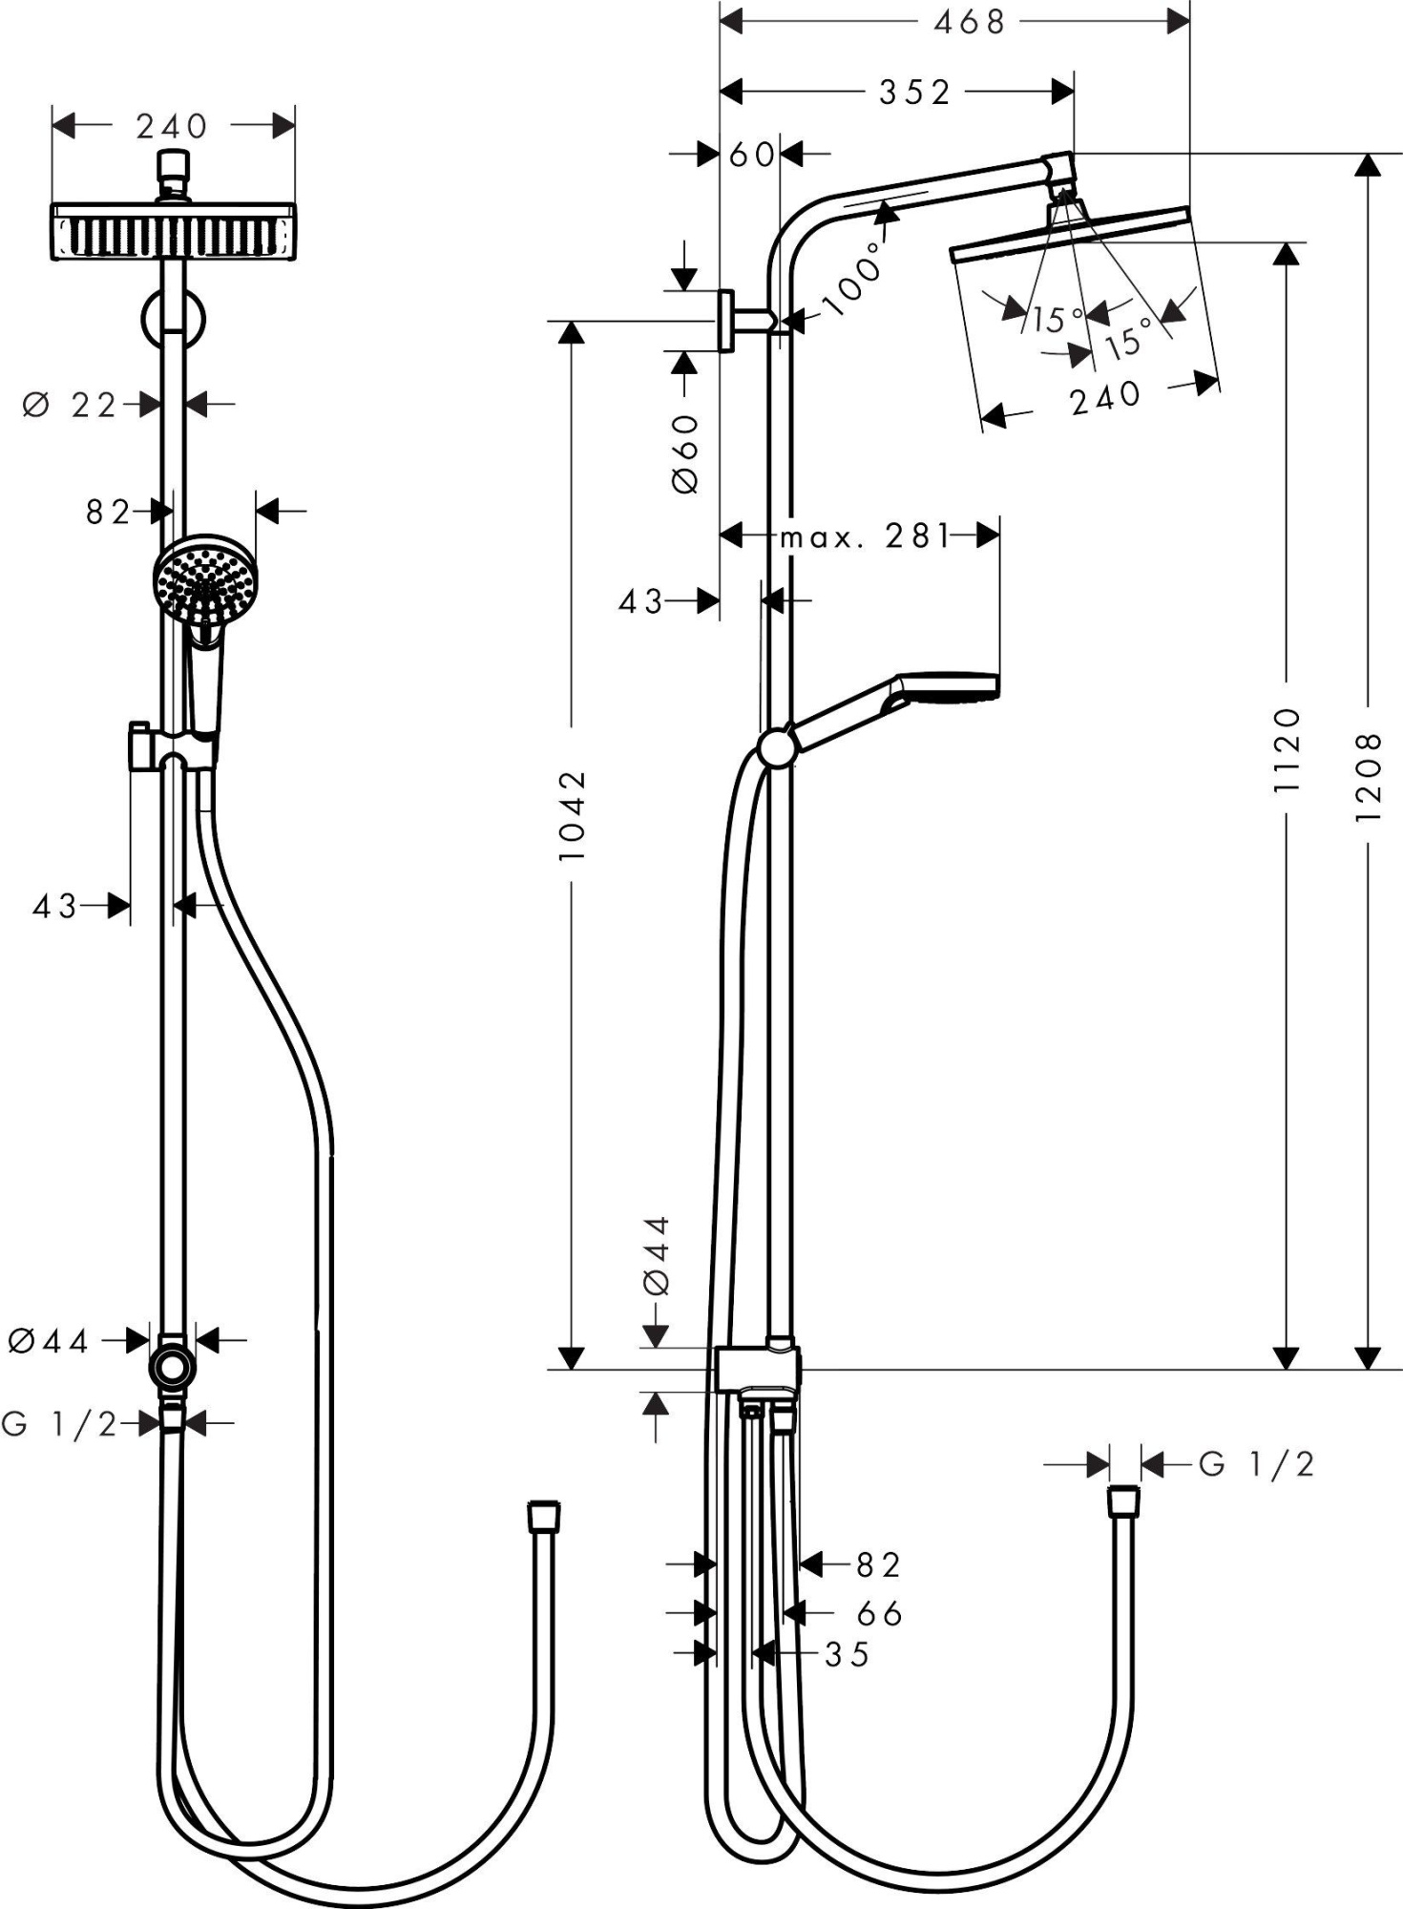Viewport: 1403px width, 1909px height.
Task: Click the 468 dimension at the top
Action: point(970,22)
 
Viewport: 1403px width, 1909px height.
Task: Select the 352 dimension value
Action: point(914,92)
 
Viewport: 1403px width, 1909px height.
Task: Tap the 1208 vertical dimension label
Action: point(1367,777)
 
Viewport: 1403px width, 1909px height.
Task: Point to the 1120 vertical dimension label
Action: point(1287,750)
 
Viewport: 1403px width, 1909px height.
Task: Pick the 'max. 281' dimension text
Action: point(865,536)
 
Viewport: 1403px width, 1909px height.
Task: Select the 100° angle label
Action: point(852,280)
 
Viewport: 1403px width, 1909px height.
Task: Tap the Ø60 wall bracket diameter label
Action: point(685,453)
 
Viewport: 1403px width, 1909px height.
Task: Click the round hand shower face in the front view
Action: point(205,578)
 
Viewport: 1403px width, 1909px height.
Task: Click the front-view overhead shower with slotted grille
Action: point(172,232)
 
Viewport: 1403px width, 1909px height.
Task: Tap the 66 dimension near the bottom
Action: point(879,1613)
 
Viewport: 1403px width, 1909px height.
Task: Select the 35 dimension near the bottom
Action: point(847,1654)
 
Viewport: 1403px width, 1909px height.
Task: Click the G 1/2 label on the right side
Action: point(1256,1463)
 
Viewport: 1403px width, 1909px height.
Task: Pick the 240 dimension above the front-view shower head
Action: point(172,126)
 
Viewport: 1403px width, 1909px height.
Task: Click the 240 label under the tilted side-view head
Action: point(1105,398)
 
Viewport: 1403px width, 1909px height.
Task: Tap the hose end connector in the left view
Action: point(543,1517)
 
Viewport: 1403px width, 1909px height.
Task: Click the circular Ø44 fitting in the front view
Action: point(172,1367)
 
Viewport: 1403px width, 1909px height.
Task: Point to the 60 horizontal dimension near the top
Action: point(751,154)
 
